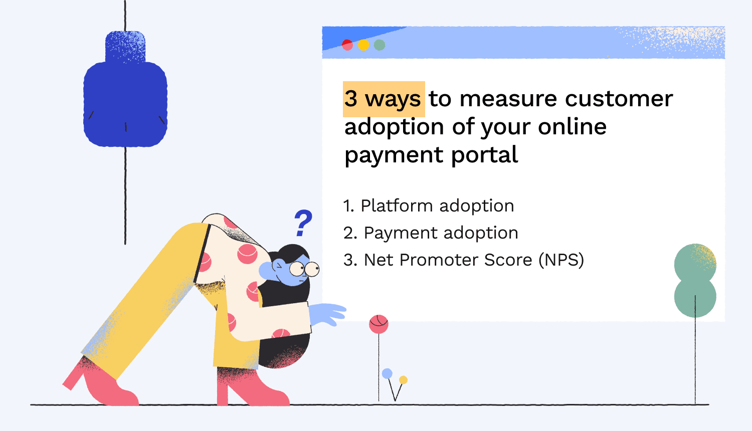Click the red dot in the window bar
[347, 45]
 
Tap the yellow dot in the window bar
[363, 45]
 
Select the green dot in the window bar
[380, 45]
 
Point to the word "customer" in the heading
[619, 99]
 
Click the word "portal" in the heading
[484, 155]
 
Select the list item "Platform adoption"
[429, 205]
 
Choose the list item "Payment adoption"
[431, 233]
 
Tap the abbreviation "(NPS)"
[561, 260]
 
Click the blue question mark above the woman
[303, 223]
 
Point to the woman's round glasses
[304, 269]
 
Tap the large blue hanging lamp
[125, 89]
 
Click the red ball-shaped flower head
[379, 324]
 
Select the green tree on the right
[695, 280]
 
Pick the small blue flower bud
[387, 373]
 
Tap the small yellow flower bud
[403, 380]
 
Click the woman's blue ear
[267, 270]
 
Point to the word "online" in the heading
[573, 127]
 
